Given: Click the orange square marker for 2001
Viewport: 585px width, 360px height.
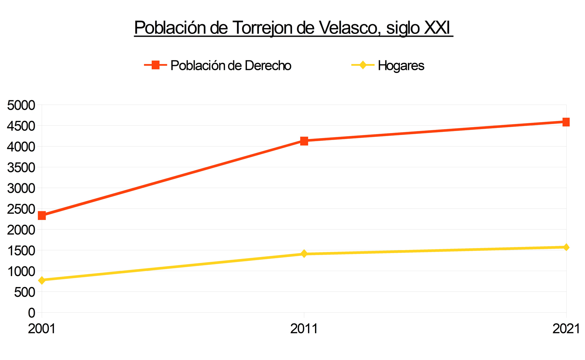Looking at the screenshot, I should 42,216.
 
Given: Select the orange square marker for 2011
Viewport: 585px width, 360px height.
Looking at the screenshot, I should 304,141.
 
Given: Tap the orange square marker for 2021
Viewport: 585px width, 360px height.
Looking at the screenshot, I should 566,122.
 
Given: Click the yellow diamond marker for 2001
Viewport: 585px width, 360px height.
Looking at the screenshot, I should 42,280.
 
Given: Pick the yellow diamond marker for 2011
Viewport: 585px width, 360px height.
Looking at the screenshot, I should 304,254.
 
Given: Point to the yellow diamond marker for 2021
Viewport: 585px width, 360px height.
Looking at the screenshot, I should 566,247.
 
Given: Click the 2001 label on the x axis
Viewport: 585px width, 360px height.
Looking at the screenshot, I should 42,329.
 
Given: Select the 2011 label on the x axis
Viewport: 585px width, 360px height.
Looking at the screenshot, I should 304,329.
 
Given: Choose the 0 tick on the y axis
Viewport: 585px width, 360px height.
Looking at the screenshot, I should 32,313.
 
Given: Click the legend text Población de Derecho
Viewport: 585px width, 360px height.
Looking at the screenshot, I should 231,66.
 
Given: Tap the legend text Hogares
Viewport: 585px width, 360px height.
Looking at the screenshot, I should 401,66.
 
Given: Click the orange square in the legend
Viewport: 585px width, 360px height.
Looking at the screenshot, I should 156,65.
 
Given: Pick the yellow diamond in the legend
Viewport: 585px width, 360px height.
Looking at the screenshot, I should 363,65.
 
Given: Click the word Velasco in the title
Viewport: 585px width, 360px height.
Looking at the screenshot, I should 350,28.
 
